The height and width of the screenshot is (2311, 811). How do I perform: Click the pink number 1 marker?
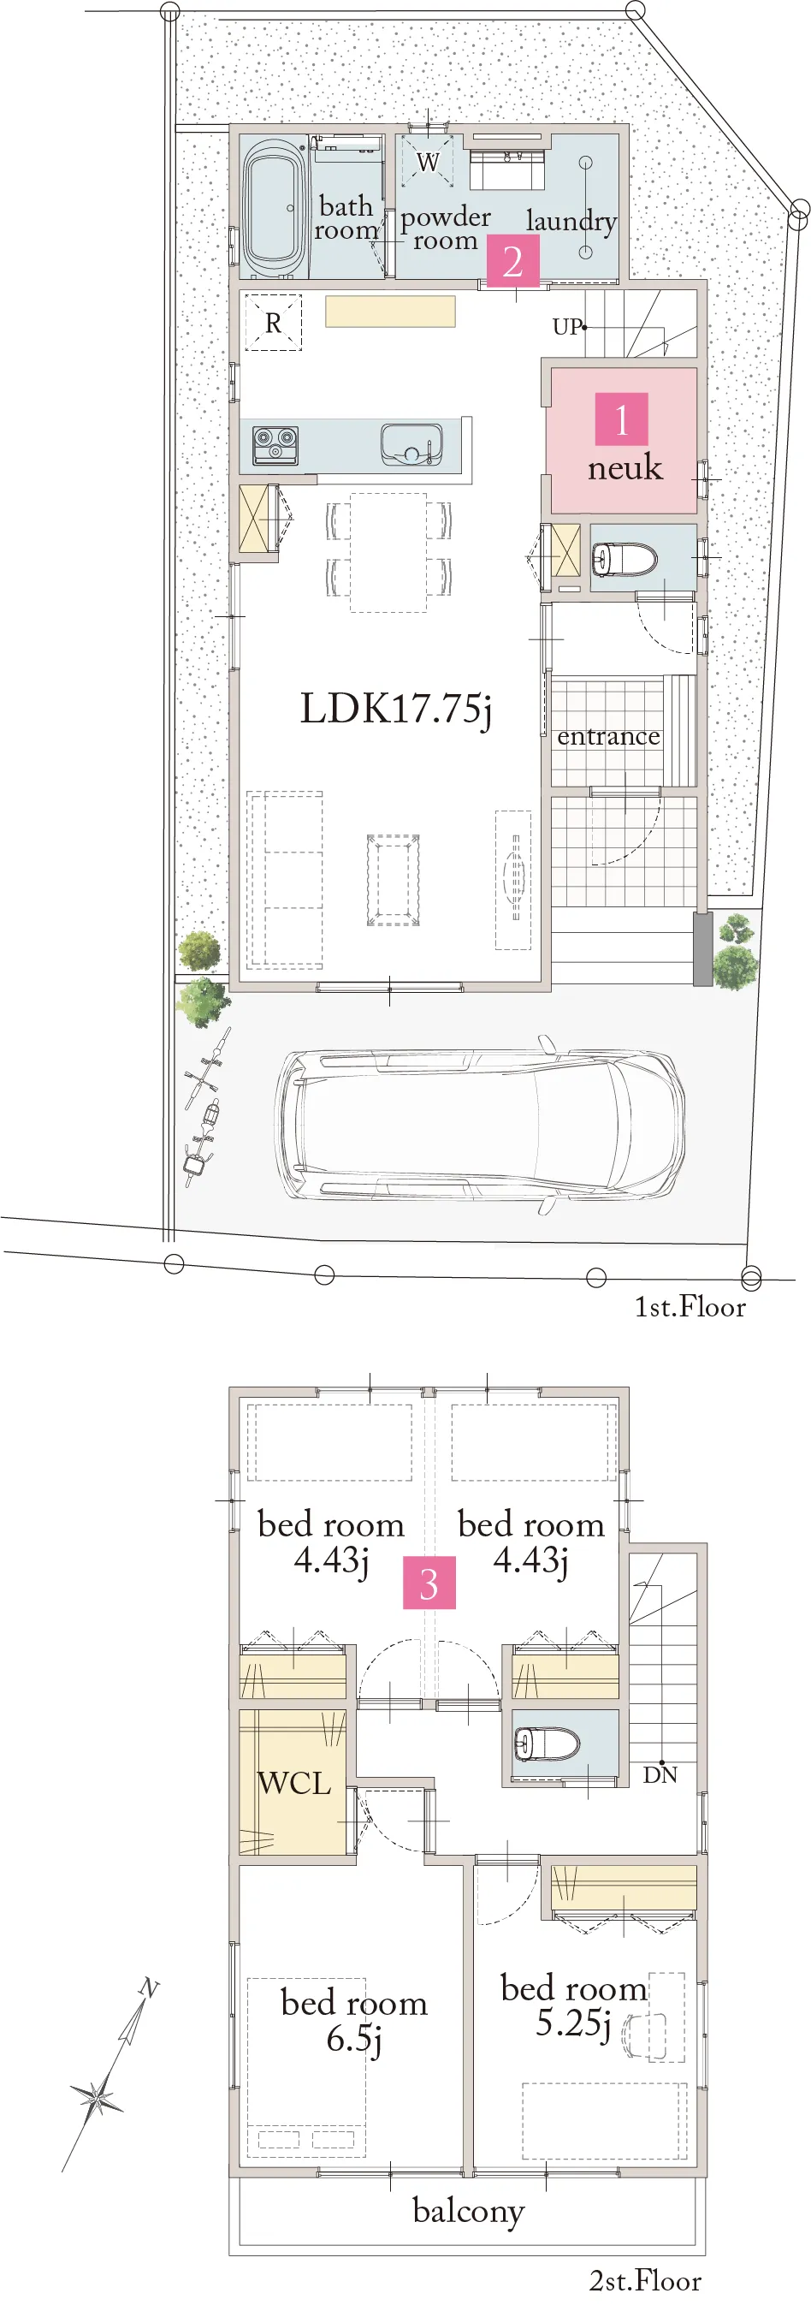[621, 419]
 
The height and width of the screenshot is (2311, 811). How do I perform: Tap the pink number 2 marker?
[512, 261]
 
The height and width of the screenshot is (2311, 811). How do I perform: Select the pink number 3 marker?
[429, 1583]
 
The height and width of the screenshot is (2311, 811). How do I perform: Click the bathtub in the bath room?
[273, 207]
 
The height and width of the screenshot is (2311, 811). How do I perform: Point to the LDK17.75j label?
[395, 709]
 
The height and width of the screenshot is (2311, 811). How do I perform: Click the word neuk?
[625, 467]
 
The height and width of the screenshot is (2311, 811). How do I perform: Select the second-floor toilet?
[547, 1744]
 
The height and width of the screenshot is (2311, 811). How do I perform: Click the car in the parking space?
[480, 1126]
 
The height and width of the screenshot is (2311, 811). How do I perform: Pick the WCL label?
[294, 1783]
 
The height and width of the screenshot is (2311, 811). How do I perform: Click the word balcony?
[468, 2212]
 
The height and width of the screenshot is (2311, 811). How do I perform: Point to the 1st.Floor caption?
[690, 1307]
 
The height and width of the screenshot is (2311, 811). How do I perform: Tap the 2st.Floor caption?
[645, 2280]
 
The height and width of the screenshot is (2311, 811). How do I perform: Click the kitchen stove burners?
[275, 444]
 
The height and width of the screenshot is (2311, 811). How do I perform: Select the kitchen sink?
[411, 445]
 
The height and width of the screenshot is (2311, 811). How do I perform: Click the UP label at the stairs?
[567, 327]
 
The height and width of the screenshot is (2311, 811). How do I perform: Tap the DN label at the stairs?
[660, 1774]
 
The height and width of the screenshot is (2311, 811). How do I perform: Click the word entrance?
[608, 737]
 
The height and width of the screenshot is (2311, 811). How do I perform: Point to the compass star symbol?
[97, 2098]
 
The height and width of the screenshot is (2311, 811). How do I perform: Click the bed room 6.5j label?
[353, 2018]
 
